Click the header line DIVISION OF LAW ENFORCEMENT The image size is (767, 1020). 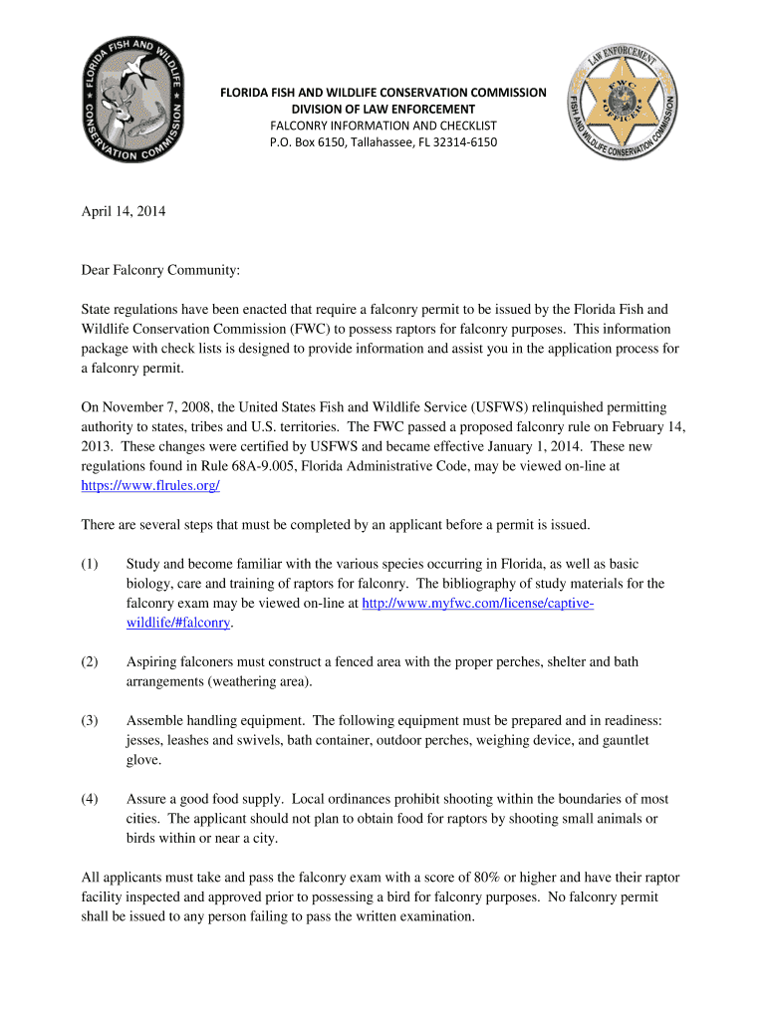pyautogui.click(x=383, y=109)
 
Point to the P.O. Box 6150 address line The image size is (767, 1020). pyautogui.click(x=383, y=142)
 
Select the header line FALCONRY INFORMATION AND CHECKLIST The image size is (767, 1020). pyautogui.click(x=383, y=126)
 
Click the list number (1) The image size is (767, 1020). pyautogui.click(x=90, y=564)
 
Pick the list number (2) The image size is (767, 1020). pyautogui.click(x=90, y=661)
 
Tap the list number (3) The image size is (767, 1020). pyautogui.click(x=90, y=720)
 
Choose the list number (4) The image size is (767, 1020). pyautogui.click(x=90, y=799)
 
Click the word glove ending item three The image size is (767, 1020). pyautogui.click(x=143, y=759)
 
